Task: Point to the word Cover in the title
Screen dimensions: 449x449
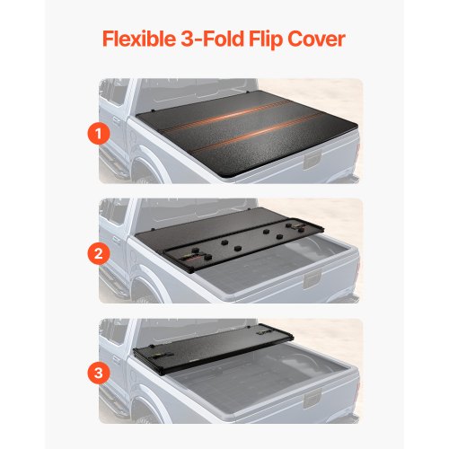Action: (x=323, y=41)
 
